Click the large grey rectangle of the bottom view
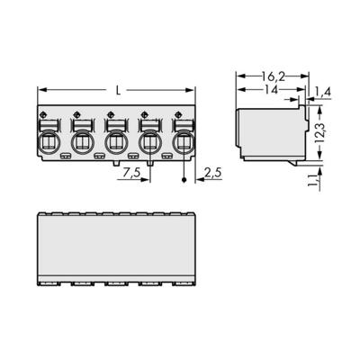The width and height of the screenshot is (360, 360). coord(117,244)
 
